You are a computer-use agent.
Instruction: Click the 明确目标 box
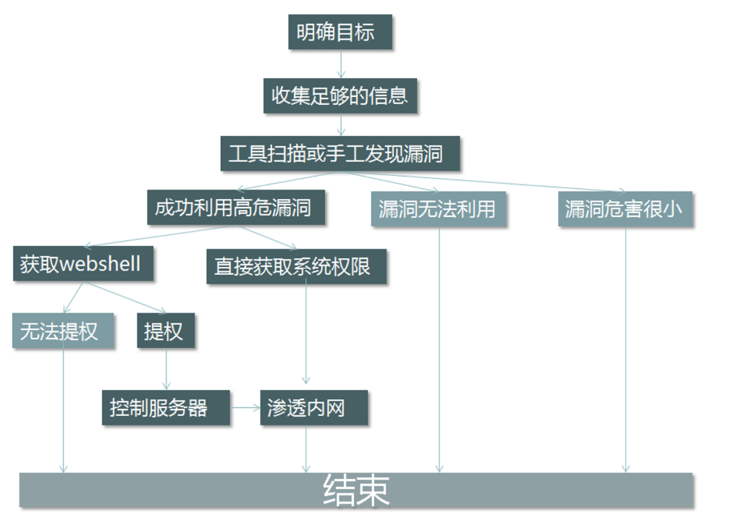click(339, 33)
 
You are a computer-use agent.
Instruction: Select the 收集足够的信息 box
click(339, 95)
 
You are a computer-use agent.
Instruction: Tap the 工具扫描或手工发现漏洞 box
click(339, 153)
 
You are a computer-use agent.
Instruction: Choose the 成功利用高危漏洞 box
click(236, 208)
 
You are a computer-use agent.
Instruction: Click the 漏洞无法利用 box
click(437, 209)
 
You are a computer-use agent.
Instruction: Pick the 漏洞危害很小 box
click(625, 209)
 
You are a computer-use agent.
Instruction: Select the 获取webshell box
click(83, 264)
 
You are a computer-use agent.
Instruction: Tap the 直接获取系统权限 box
click(296, 266)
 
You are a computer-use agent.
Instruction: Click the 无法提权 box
click(63, 331)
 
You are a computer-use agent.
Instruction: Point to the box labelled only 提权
click(166, 331)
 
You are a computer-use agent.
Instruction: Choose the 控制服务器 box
click(165, 407)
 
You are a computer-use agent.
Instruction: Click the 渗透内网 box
click(313, 407)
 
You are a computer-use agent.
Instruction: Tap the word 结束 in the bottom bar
click(355, 491)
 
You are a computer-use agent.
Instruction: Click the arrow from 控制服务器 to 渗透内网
click(245, 408)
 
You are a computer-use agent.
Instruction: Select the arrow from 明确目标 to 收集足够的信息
click(341, 64)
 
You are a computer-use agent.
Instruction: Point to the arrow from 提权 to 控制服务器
click(166, 369)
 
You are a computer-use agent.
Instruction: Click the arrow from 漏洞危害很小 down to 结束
click(625, 347)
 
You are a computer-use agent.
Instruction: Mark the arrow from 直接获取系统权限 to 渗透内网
click(305, 333)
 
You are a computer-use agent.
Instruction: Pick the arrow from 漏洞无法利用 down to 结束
click(439, 347)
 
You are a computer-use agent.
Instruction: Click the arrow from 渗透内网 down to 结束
click(306, 449)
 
